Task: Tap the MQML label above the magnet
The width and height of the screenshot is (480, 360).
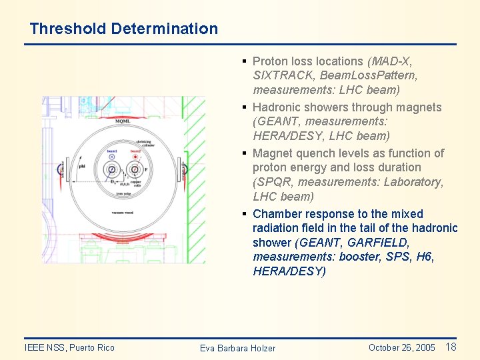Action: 122,121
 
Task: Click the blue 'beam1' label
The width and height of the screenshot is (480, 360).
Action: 111,151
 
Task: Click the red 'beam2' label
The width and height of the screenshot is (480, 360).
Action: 136,151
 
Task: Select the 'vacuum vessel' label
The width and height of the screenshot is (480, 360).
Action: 124,213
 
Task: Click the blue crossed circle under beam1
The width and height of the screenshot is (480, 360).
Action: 111,157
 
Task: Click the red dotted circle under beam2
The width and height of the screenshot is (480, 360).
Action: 136,157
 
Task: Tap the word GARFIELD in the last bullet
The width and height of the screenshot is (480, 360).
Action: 379,243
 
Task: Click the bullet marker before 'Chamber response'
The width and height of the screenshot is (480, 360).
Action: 245,214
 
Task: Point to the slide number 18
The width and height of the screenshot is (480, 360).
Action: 451,347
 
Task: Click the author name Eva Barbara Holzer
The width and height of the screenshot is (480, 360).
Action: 237,348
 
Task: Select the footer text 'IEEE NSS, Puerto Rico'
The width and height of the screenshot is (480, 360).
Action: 69,347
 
